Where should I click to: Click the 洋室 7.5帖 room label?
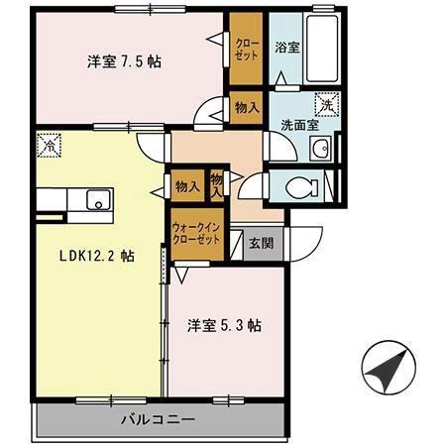point(124,61)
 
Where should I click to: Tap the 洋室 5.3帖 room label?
point(225,325)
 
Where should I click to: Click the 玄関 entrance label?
point(260,242)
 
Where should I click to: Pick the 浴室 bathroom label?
point(287,46)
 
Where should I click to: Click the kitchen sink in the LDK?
point(99,201)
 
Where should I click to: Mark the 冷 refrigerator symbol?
point(48,145)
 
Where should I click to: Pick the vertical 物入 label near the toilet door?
point(217,184)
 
